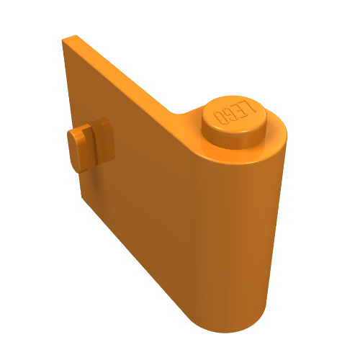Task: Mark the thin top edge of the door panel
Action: [122, 72]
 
